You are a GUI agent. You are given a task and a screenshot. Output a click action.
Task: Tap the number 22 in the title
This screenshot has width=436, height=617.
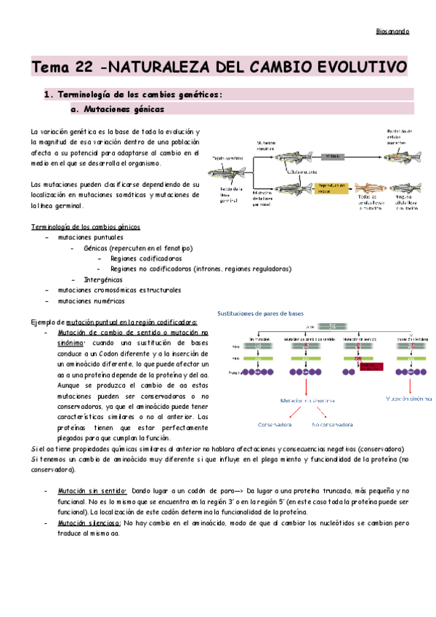(x=83, y=68)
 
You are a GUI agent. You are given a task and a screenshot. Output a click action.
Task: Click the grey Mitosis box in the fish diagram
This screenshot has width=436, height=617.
(x=331, y=156)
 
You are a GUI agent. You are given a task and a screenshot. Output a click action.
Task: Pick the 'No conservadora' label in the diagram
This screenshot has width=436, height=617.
(x=337, y=423)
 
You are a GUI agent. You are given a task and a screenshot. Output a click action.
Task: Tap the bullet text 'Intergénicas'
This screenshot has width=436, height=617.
(x=102, y=279)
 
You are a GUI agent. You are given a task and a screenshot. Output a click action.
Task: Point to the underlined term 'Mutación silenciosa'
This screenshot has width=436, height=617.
(x=89, y=522)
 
